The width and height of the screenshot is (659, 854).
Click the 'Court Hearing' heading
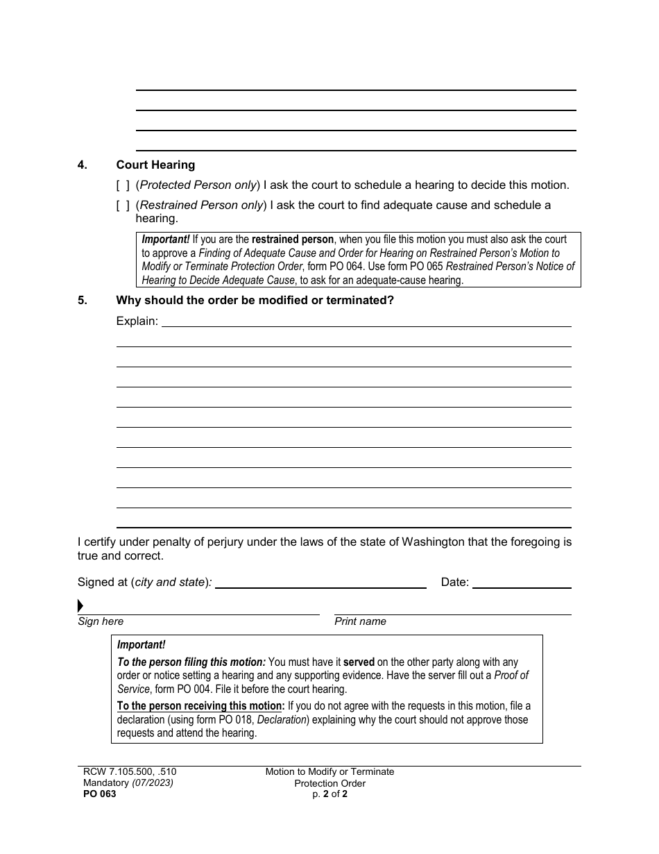pyautogui.click(x=155, y=165)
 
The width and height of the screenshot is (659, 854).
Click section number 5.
pyautogui.click(x=82, y=301)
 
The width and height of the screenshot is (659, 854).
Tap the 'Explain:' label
pyautogui.click(x=137, y=321)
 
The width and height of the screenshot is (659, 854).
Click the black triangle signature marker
pyautogui.click(x=80, y=606)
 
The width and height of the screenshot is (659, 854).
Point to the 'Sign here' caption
pyautogui.click(x=101, y=621)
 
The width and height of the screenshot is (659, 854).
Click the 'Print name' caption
pyautogui.click(x=360, y=621)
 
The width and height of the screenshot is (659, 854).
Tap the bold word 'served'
pyautogui.click(x=359, y=663)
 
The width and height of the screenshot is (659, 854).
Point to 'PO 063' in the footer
pyautogui.click(x=97, y=794)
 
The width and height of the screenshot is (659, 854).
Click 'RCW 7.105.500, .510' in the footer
pyautogui.click(x=130, y=772)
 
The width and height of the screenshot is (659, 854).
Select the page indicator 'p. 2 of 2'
pyautogui.click(x=329, y=794)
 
